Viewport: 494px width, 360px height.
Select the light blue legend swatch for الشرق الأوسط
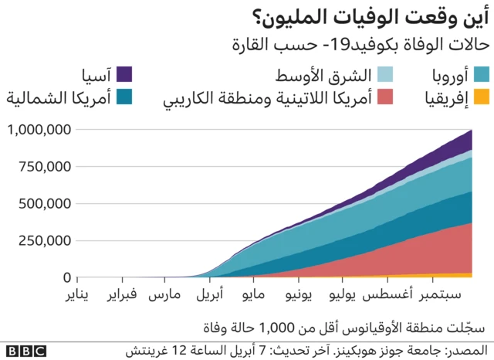[x=384, y=75]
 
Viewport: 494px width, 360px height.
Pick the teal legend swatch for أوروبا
[x=482, y=75]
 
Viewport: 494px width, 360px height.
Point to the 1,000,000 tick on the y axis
[x=39, y=130]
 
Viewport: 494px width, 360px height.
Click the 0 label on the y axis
[x=67, y=277]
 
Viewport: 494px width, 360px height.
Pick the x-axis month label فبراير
[x=122, y=296]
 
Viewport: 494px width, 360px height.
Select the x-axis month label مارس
[x=164, y=296]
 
